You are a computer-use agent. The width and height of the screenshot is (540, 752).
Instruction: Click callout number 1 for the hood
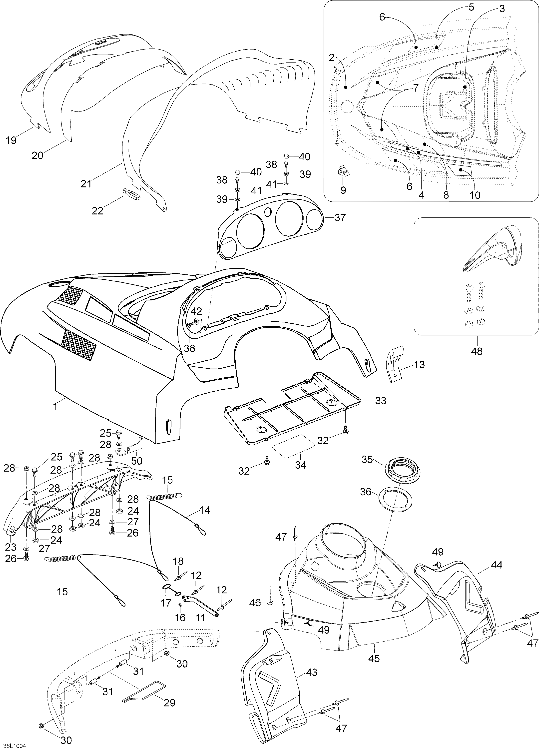click(56, 406)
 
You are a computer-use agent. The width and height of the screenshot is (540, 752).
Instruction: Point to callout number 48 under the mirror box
click(477, 351)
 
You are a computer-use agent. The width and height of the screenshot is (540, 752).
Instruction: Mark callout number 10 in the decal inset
click(475, 195)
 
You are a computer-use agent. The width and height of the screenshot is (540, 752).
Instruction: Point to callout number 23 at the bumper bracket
click(11, 546)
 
